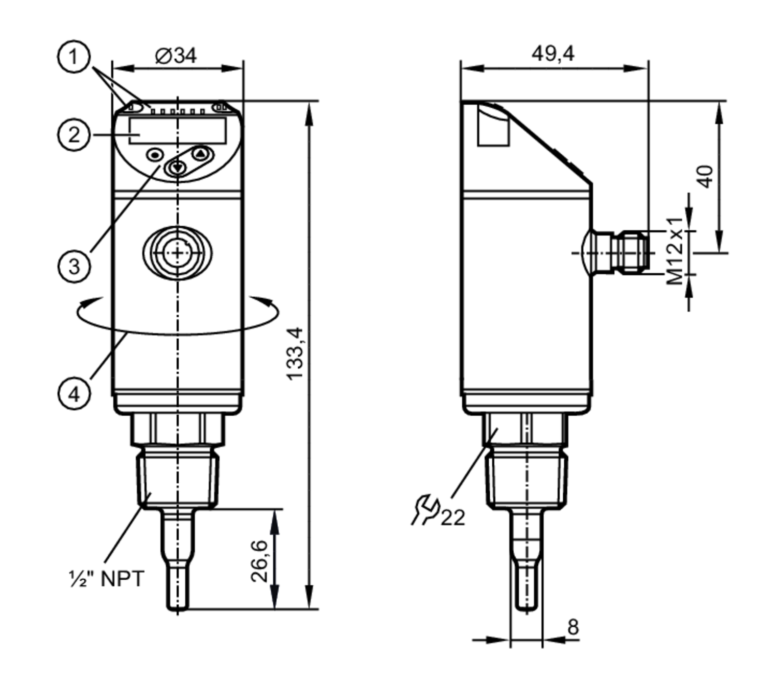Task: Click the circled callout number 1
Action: (x=74, y=57)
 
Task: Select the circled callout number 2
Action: (x=74, y=135)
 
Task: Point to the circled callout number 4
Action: (x=74, y=394)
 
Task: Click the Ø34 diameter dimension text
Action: (x=176, y=56)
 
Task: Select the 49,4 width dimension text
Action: (x=553, y=54)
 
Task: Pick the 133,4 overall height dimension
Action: (x=295, y=353)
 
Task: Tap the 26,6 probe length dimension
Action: (x=259, y=561)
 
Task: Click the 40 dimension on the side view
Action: (x=705, y=176)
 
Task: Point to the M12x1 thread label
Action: (x=676, y=251)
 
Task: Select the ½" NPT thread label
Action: (x=107, y=578)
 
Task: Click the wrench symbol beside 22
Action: (x=425, y=509)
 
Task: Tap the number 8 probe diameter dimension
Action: (x=573, y=626)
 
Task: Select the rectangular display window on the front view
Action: (x=178, y=130)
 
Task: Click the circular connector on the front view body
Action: (x=177, y=253)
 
